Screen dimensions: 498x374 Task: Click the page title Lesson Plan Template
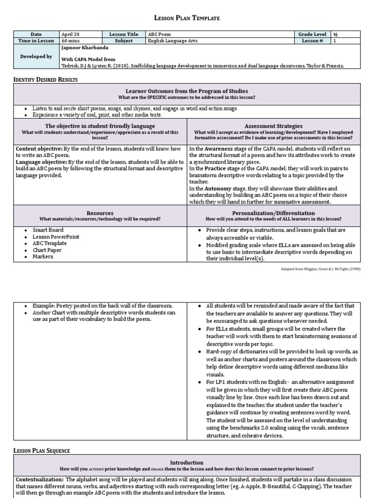[x=187, y=18]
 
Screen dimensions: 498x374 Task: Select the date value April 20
[x=70, y=35]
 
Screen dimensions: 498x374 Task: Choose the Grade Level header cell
[x=313, y=35]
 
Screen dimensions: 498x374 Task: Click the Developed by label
[x=36, y=56]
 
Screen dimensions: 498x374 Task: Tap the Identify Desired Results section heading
[x=45, y=79]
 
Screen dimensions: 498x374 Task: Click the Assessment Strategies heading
[x=273, y=126]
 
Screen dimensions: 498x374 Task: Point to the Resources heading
[x=100, y=213]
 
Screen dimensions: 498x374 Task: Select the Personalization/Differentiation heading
[x=273, y=213]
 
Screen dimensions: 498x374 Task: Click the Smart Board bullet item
[x=48, y=230]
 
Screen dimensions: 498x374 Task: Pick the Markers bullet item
[x=43, y=257]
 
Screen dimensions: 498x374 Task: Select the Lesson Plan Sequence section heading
[x=41, y=451]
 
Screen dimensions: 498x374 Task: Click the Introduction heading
[x=187, y=462]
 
